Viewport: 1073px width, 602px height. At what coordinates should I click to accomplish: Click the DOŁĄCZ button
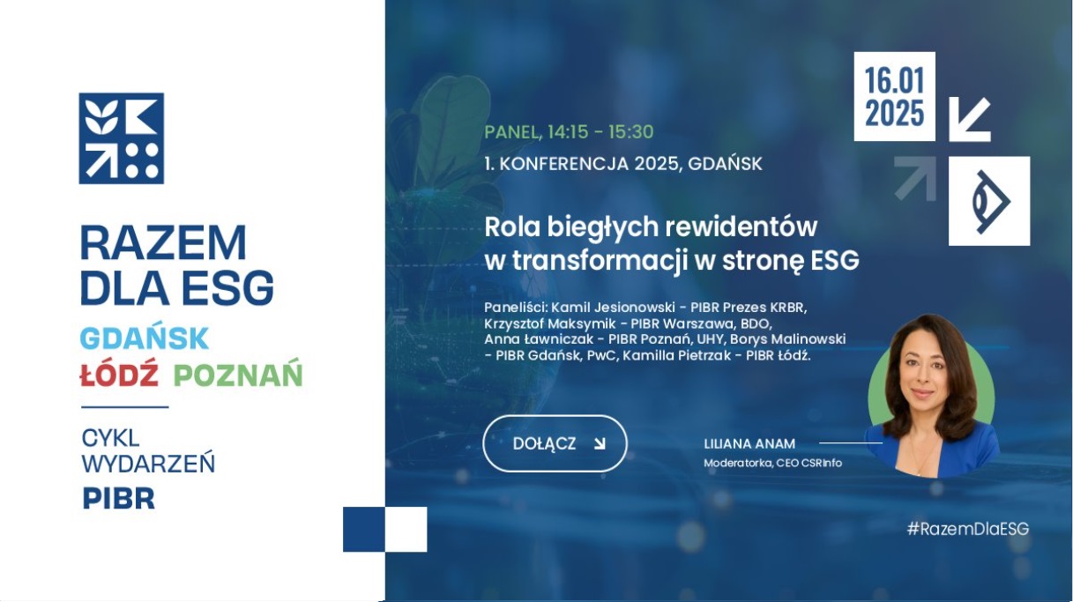tap(555, 443)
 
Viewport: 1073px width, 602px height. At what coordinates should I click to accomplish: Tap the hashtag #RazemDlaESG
tap(968, 529)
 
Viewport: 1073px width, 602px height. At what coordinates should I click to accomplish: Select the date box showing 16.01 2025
tap(894, 96)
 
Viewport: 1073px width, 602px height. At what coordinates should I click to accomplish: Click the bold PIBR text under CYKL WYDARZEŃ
tap(119, 499)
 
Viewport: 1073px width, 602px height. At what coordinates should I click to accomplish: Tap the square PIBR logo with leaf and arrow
tap(121, 138)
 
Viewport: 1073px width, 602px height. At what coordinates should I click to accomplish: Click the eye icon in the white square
tap(991, 202)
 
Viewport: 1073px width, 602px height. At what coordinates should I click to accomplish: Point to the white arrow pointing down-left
tap(970, 120)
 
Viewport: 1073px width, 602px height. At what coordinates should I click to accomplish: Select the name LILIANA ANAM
tap(749, 444)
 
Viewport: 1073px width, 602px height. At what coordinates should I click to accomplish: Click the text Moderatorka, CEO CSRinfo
tap(772, 463)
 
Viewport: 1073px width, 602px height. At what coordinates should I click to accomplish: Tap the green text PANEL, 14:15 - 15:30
tap(569, 131)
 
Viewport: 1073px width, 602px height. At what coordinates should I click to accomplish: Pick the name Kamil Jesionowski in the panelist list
tap(613, 307)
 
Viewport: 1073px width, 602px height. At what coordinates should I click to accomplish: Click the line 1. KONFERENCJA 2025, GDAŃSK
tap(622, 164)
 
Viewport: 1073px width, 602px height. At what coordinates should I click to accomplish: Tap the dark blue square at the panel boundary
tap(364, 529)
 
